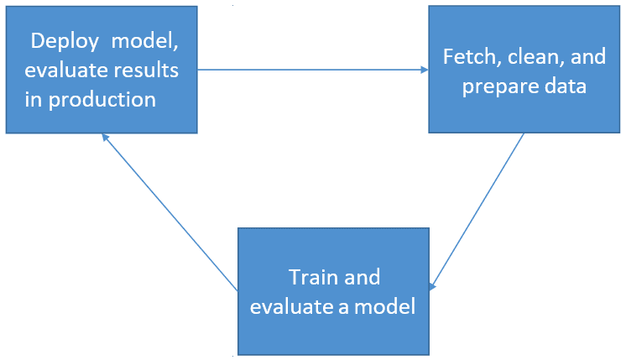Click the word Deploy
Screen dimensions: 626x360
(65, 42)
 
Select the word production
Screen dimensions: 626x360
(102, 101)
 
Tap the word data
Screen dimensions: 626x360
(566, 86)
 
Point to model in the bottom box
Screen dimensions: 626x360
(385, 306)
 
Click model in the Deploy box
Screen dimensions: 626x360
(144, 42)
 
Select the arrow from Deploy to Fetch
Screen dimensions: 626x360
(313, 70)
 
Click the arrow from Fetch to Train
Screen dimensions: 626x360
(477, 211)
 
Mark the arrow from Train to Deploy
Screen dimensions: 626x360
(170, 212)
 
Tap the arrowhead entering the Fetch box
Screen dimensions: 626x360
(425, 70)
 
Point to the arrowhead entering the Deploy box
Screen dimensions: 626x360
(106, 138)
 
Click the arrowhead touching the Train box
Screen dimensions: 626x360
(432, 287)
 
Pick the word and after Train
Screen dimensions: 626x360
(363, 277)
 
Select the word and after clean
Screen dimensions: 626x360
(588, 57)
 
